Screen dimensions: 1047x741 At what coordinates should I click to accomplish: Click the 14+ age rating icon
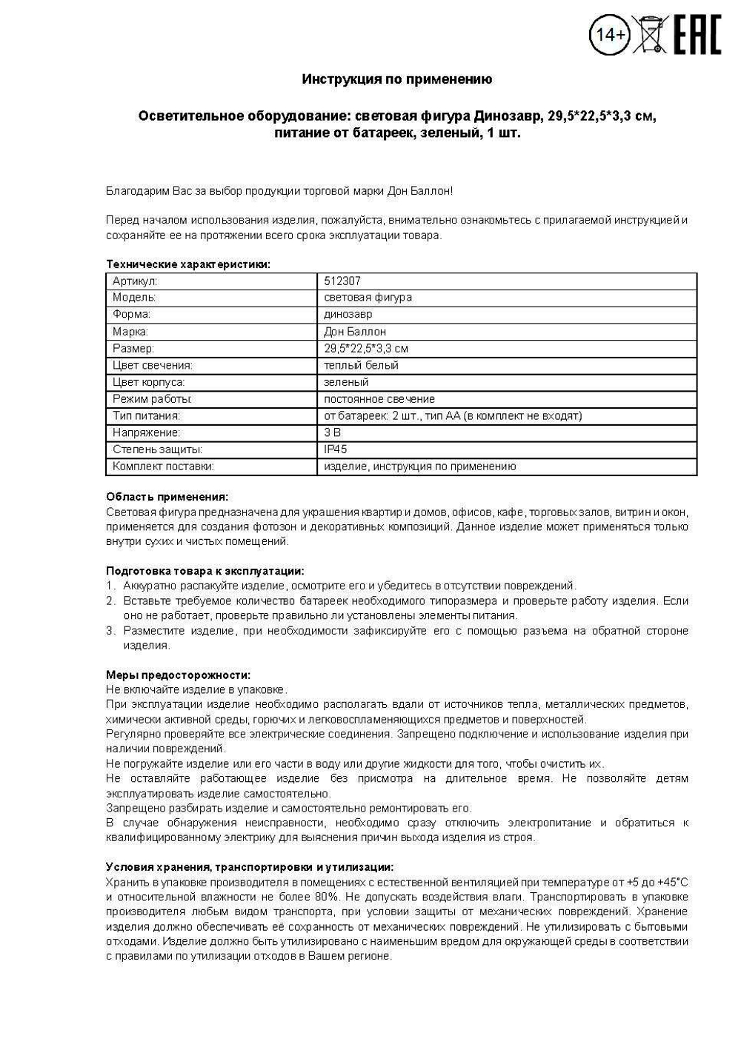coord(610,35)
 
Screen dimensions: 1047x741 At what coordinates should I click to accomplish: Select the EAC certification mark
coord(697,35)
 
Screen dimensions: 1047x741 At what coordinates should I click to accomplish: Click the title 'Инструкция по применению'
coord(396,79)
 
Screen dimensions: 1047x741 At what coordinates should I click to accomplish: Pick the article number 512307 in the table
coord(342,281)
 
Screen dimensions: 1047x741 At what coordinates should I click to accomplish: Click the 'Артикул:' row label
coord(135,281)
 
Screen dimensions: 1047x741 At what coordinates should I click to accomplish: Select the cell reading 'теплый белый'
coord(361,365)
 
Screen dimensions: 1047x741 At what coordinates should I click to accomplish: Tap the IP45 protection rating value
coord(335,449)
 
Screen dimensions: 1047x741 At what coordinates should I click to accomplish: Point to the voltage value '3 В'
coord(332,432)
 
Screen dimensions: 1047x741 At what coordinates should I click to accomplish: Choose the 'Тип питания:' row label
coord(146,416)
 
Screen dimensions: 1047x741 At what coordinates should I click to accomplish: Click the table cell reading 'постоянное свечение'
coord(379,399)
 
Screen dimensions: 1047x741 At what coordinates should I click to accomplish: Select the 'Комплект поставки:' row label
coord(163,466)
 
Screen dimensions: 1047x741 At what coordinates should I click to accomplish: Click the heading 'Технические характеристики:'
coord(188,264)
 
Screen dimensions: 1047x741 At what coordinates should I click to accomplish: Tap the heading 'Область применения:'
coord(167,497)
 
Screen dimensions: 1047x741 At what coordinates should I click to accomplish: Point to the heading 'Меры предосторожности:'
coord(178,675)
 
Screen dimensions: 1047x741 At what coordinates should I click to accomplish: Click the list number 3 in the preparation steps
coord(110,631)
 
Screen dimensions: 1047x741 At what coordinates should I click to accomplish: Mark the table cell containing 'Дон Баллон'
coord(355,332)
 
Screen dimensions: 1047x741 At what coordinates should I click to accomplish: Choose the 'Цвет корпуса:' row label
coord(148,382)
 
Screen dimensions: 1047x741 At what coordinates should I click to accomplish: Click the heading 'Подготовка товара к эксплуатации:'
coord(205,571)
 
